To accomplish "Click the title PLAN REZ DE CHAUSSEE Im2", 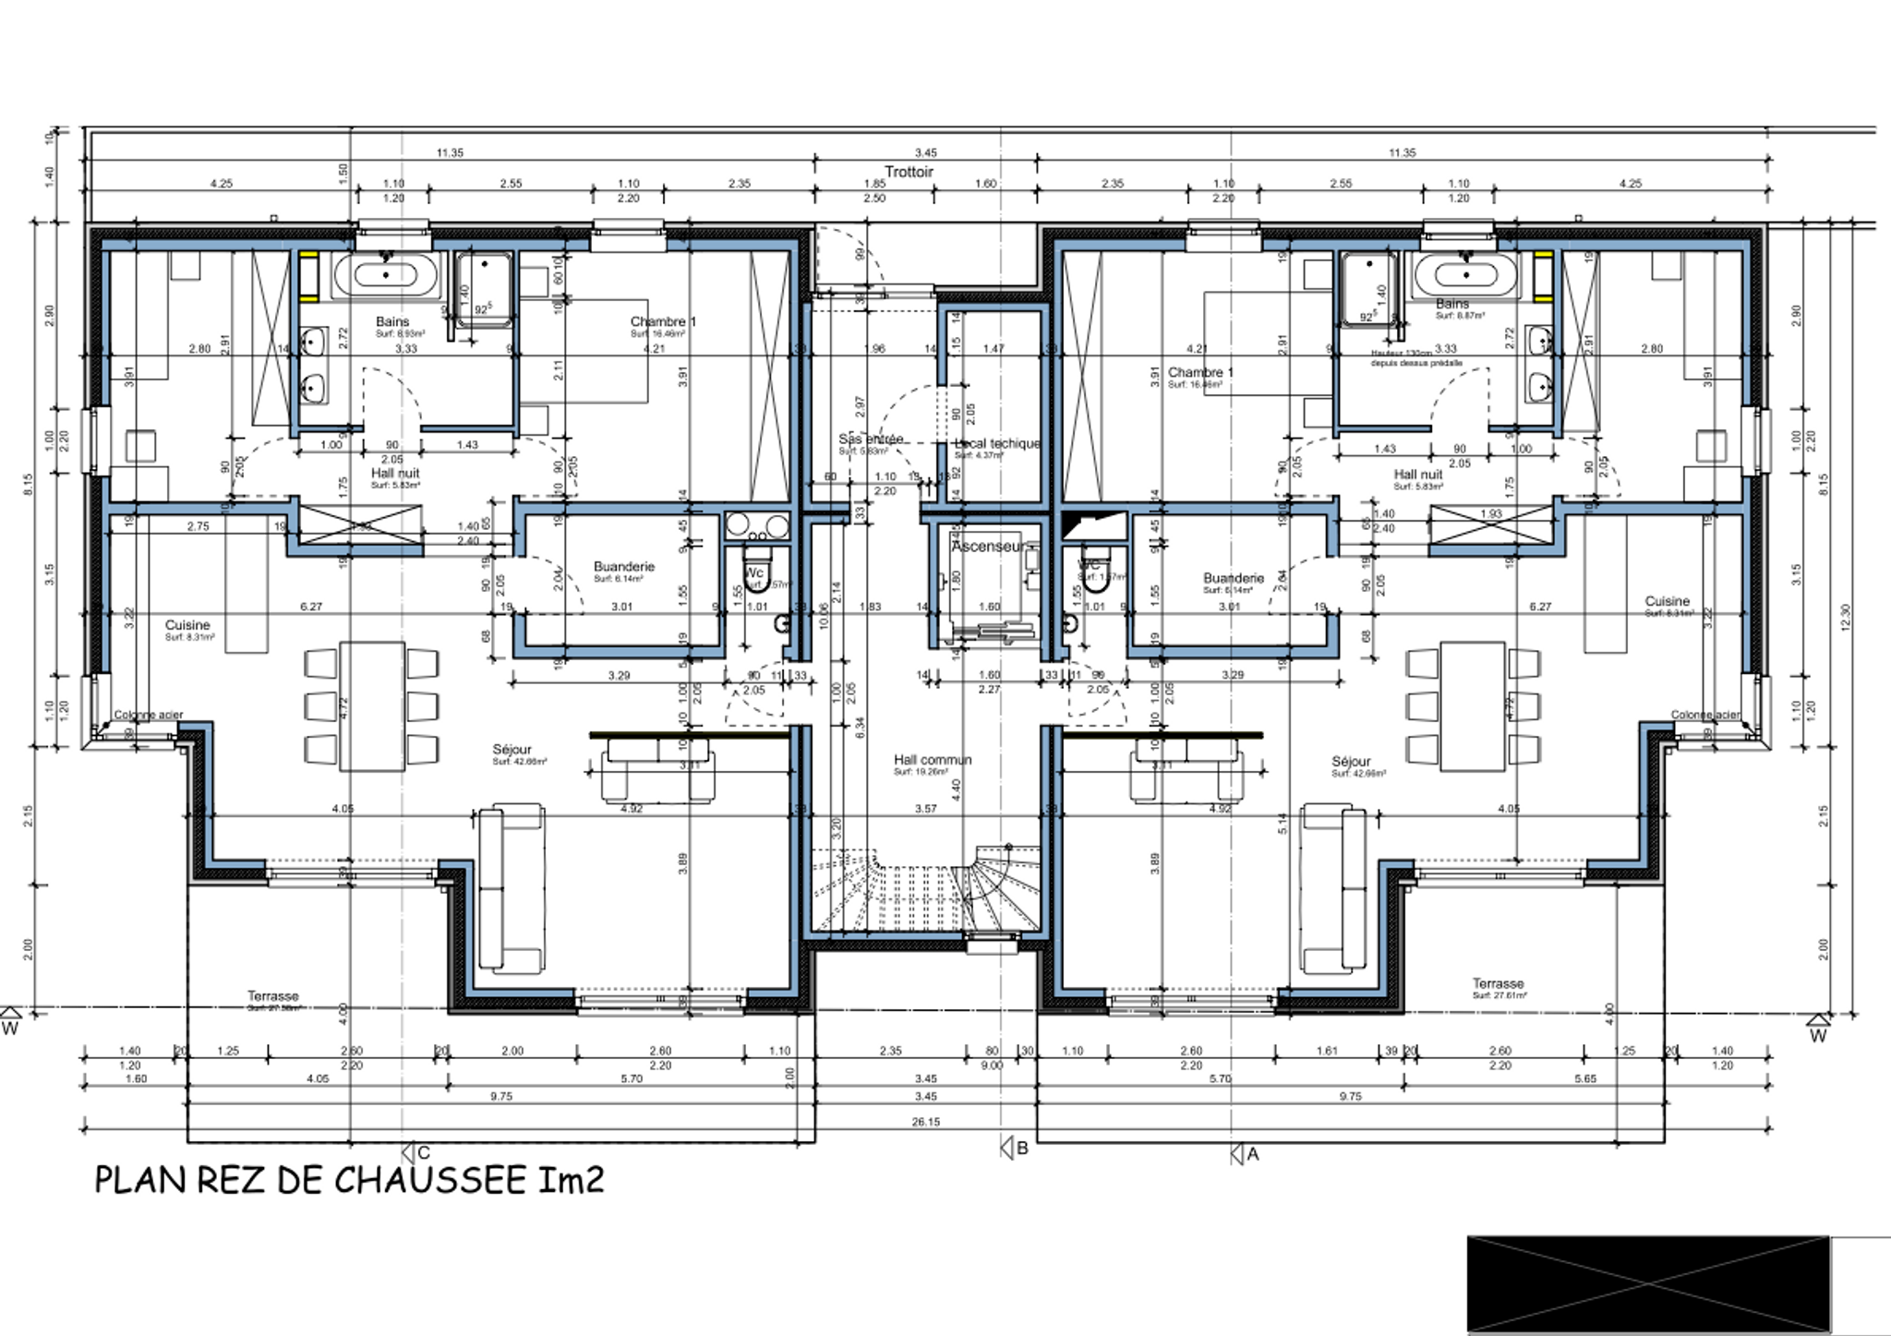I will pyautogui.click(x=349, y=1180).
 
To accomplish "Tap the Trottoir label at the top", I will pyautogui.click(x=909, y=172).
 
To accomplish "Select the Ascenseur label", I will pyautogui.click(x=986, y=547).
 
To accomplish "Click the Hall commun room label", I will pyautogui.click(x=933, y=760).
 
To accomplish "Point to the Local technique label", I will pyautogui.click(x=997, y=443).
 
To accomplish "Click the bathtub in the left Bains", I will pyautogui.click(x=386, y=274).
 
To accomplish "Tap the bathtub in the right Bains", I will pyautogui.click(x=1463, y=274).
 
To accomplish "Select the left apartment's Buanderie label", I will pyautogui.click(x=624, y=566).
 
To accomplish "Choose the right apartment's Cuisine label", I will pyautogui.click(x=1667, y=601).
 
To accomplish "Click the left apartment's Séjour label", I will pyautogui.click(x=512, y=750).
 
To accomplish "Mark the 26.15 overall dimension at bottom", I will pyautogui.click(x=925, y=1122).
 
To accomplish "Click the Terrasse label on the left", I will pyautogui.click(x=272, y=996).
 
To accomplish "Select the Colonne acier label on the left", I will pyautogui.click(x=149, y=715).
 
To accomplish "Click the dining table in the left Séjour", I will pyautogui.click(x=371, y=706).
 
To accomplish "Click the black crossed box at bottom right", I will pyautogui.click(x=1647, y=1283).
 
